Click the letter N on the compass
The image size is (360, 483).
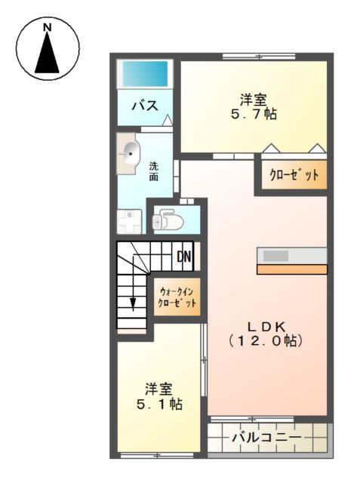pyautogui.click(x=47, y=28)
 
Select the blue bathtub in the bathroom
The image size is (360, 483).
pyautogui.click(x=146, y=74)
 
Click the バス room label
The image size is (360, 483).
pyautogui.click(x=146, y=106)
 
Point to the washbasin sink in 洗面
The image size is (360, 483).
pyautogui.click(x=129, y=153)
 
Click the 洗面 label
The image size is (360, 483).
pyautogui.click(x=154, y=171)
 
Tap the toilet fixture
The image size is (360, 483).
pyautogui.click(x=168, y=220)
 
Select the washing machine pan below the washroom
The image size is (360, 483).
pyautogui.click(x=129, y=222)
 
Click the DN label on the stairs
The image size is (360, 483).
pyautogui.click(x=184, y=257)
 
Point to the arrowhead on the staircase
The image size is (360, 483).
pyautogui.click(x=133, y=304)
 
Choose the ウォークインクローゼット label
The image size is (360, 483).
pyautogui.click(x=177, y=297)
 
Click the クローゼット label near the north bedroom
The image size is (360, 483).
pyautogui.click(x=294, y=175)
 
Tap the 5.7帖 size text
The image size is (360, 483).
pyautogui.click(x=254, y=114)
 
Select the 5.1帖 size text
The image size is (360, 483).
pyautogui.click(x=159, y=405)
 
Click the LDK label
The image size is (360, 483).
pyautogui.click(x=267, y=327)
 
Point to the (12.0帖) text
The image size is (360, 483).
pyautogui.click(x=266, y=341)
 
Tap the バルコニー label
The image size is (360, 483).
pyautogui.click(x=266, y=438)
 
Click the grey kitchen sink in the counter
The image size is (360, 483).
pyautogui.click(x=276, y=256)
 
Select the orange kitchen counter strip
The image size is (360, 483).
pyautogui.click(x=292, y=269)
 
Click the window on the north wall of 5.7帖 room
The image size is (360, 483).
pyautogui.click(x=259, y=57)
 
